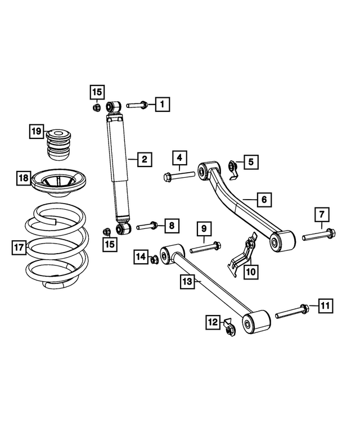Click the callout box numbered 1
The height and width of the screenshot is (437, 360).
(162, 104)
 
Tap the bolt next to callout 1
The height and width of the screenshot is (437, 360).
(137, 105)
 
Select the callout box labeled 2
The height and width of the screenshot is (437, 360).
(144, 160)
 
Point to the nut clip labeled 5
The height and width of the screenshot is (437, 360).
(232, 166)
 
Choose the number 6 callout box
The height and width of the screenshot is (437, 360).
(262, 199)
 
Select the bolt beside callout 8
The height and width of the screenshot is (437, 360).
(146, 226)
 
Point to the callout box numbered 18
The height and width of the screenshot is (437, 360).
(23, 179)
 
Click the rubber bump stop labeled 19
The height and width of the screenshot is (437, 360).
(58, 146)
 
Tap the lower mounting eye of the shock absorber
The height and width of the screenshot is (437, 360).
(123, 229)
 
